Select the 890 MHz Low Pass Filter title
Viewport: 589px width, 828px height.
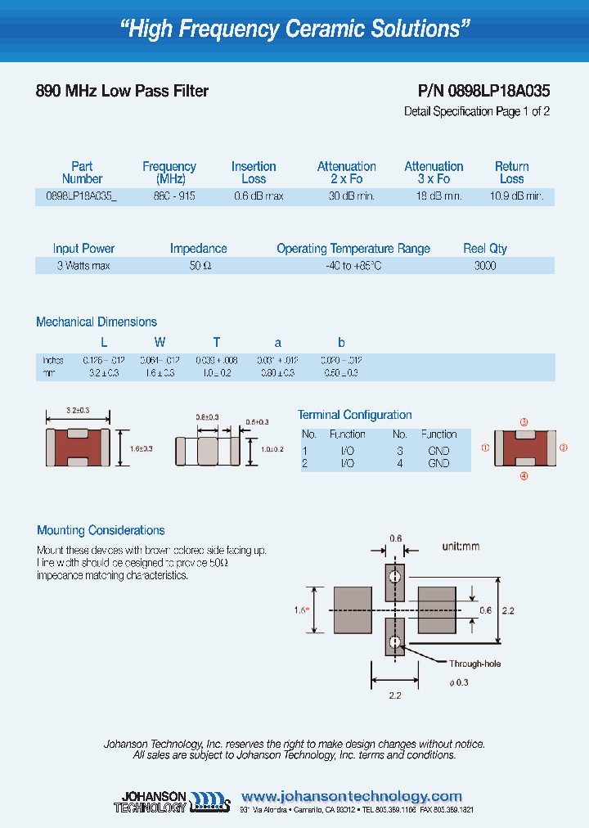coord(122,92)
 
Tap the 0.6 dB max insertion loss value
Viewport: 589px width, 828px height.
coord(259,196)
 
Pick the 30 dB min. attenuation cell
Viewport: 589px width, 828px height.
coord(352,196)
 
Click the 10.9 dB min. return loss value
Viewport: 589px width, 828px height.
coord(516,196)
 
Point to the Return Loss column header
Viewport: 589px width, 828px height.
coord(512,173)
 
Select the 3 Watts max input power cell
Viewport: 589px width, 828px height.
coord(83,266)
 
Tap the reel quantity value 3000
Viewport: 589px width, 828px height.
coord(485,266)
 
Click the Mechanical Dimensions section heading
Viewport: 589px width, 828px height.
coord(97,322)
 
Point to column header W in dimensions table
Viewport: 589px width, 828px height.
coord(160,342)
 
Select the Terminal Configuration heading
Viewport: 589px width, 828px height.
coord(354,415)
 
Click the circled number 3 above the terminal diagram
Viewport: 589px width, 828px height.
coord(524,422)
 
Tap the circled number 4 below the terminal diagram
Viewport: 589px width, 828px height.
coord(524,475)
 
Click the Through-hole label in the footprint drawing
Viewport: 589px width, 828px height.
coord(474,664)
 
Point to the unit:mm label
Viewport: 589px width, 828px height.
coord(461,547)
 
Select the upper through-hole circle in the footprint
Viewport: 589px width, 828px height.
coord(395,576)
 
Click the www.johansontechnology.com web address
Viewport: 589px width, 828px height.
coord(352,796)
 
